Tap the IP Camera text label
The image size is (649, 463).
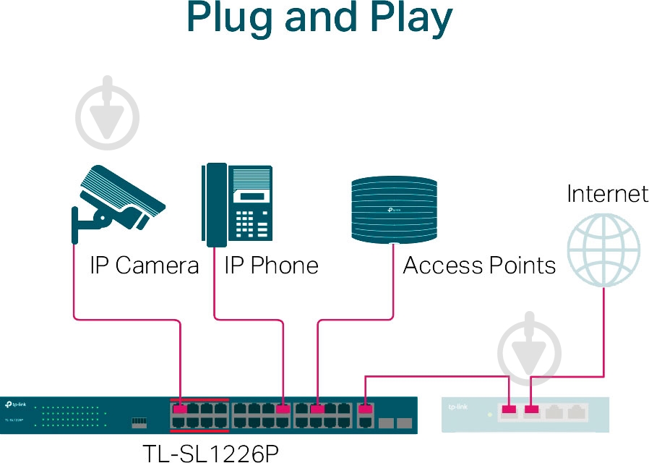point(144,266)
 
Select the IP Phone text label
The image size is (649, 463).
point(271,266)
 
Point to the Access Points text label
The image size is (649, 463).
point(479,266)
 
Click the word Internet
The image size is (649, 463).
point(607,194)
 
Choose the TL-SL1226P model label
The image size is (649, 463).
point(210,453)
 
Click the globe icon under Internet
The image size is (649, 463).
point(603,251)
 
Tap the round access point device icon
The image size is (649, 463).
point(395,209)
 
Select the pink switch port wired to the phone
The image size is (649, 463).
point(283,409)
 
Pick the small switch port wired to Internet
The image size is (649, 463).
point(532,412)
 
